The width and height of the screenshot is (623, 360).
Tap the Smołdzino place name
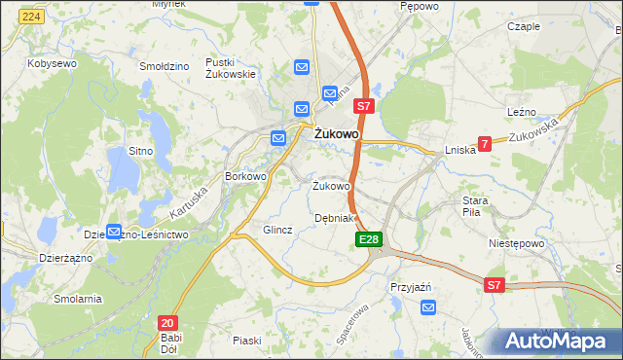click(164, 66)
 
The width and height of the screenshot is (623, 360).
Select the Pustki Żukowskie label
click(231, 67)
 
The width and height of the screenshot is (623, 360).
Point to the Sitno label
click(142, 151)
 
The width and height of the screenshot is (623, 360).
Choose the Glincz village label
click(277, 230)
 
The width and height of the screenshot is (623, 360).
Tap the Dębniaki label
click(337, 218)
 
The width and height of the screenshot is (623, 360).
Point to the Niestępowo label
click(514, 244)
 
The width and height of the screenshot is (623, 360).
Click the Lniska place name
click(459, 150)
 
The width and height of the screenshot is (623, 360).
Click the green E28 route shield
click(368, 239)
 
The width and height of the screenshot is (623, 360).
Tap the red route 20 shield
click(167, 322)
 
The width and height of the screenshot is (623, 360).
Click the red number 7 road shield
click(484, 143)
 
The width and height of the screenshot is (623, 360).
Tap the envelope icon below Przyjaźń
click(429, 307)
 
